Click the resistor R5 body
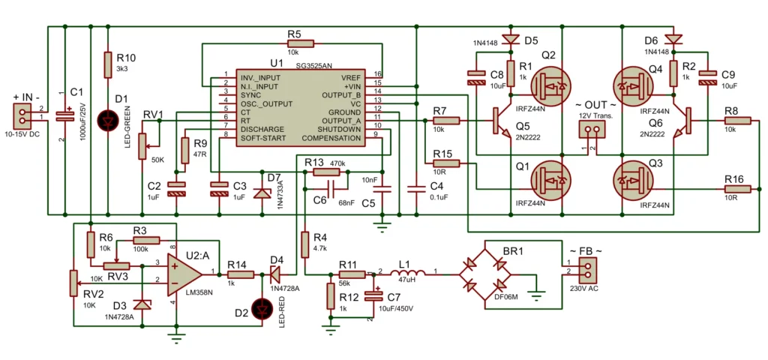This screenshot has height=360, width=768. click(x=294, y=44)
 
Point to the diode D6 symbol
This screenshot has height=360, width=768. click(x=673, y=38)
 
